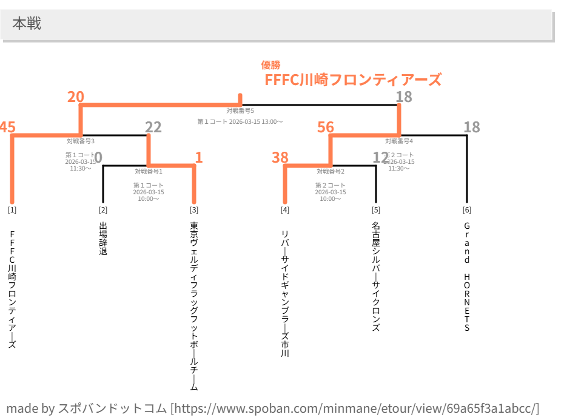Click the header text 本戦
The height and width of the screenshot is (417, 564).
click(x=27, y=24)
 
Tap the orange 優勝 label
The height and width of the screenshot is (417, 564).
click(x=270, y=65)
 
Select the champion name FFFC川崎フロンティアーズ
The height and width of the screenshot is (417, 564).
click(x=353, y=80)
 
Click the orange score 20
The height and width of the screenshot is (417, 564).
click(x=76, y=97)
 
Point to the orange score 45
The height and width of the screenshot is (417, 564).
click(x=7, y=127)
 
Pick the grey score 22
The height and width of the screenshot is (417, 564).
click(x=153, y=127)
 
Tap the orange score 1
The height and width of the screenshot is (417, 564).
click(x=198, y=158)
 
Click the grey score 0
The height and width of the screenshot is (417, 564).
click(x=98, y=158)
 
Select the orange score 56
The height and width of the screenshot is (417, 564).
click(x=326, y=127)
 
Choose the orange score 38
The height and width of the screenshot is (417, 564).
click(x=280, y=158)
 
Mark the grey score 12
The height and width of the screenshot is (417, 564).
click(x=380, y=158)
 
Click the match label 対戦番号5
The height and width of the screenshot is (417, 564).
click(x=240, y=110)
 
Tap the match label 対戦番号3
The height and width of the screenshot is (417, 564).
click(x=81, y=141)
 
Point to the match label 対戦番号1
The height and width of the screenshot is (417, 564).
click(x=149, y=171)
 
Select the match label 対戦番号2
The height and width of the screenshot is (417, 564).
click(x=331, y=171)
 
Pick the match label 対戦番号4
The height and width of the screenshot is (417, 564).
click(x=399, y=141)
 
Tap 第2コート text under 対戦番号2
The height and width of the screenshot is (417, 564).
click(x=331, y=185)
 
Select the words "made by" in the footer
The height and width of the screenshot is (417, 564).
click(x=30, y=408)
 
